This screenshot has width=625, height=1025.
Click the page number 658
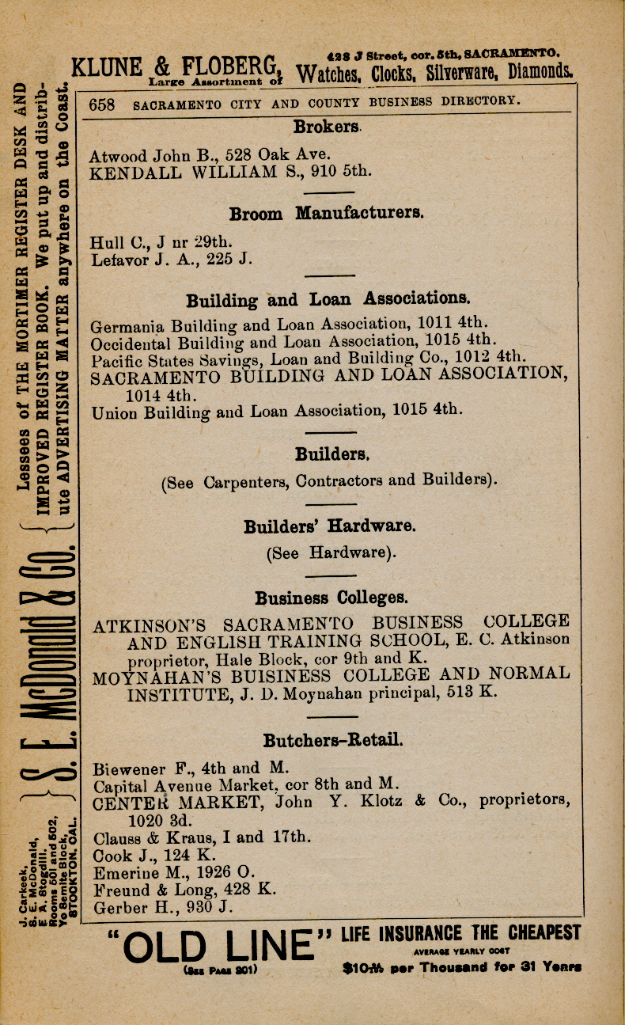point(102,104)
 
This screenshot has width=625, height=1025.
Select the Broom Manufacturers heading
point(327,214)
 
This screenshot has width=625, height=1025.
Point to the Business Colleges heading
point(331,598)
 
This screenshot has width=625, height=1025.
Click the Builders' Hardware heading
point(330,526)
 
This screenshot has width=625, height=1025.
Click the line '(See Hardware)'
point(331,552)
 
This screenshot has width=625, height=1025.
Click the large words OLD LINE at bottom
point(219,945)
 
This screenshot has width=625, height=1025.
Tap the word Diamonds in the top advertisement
point(541,72)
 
